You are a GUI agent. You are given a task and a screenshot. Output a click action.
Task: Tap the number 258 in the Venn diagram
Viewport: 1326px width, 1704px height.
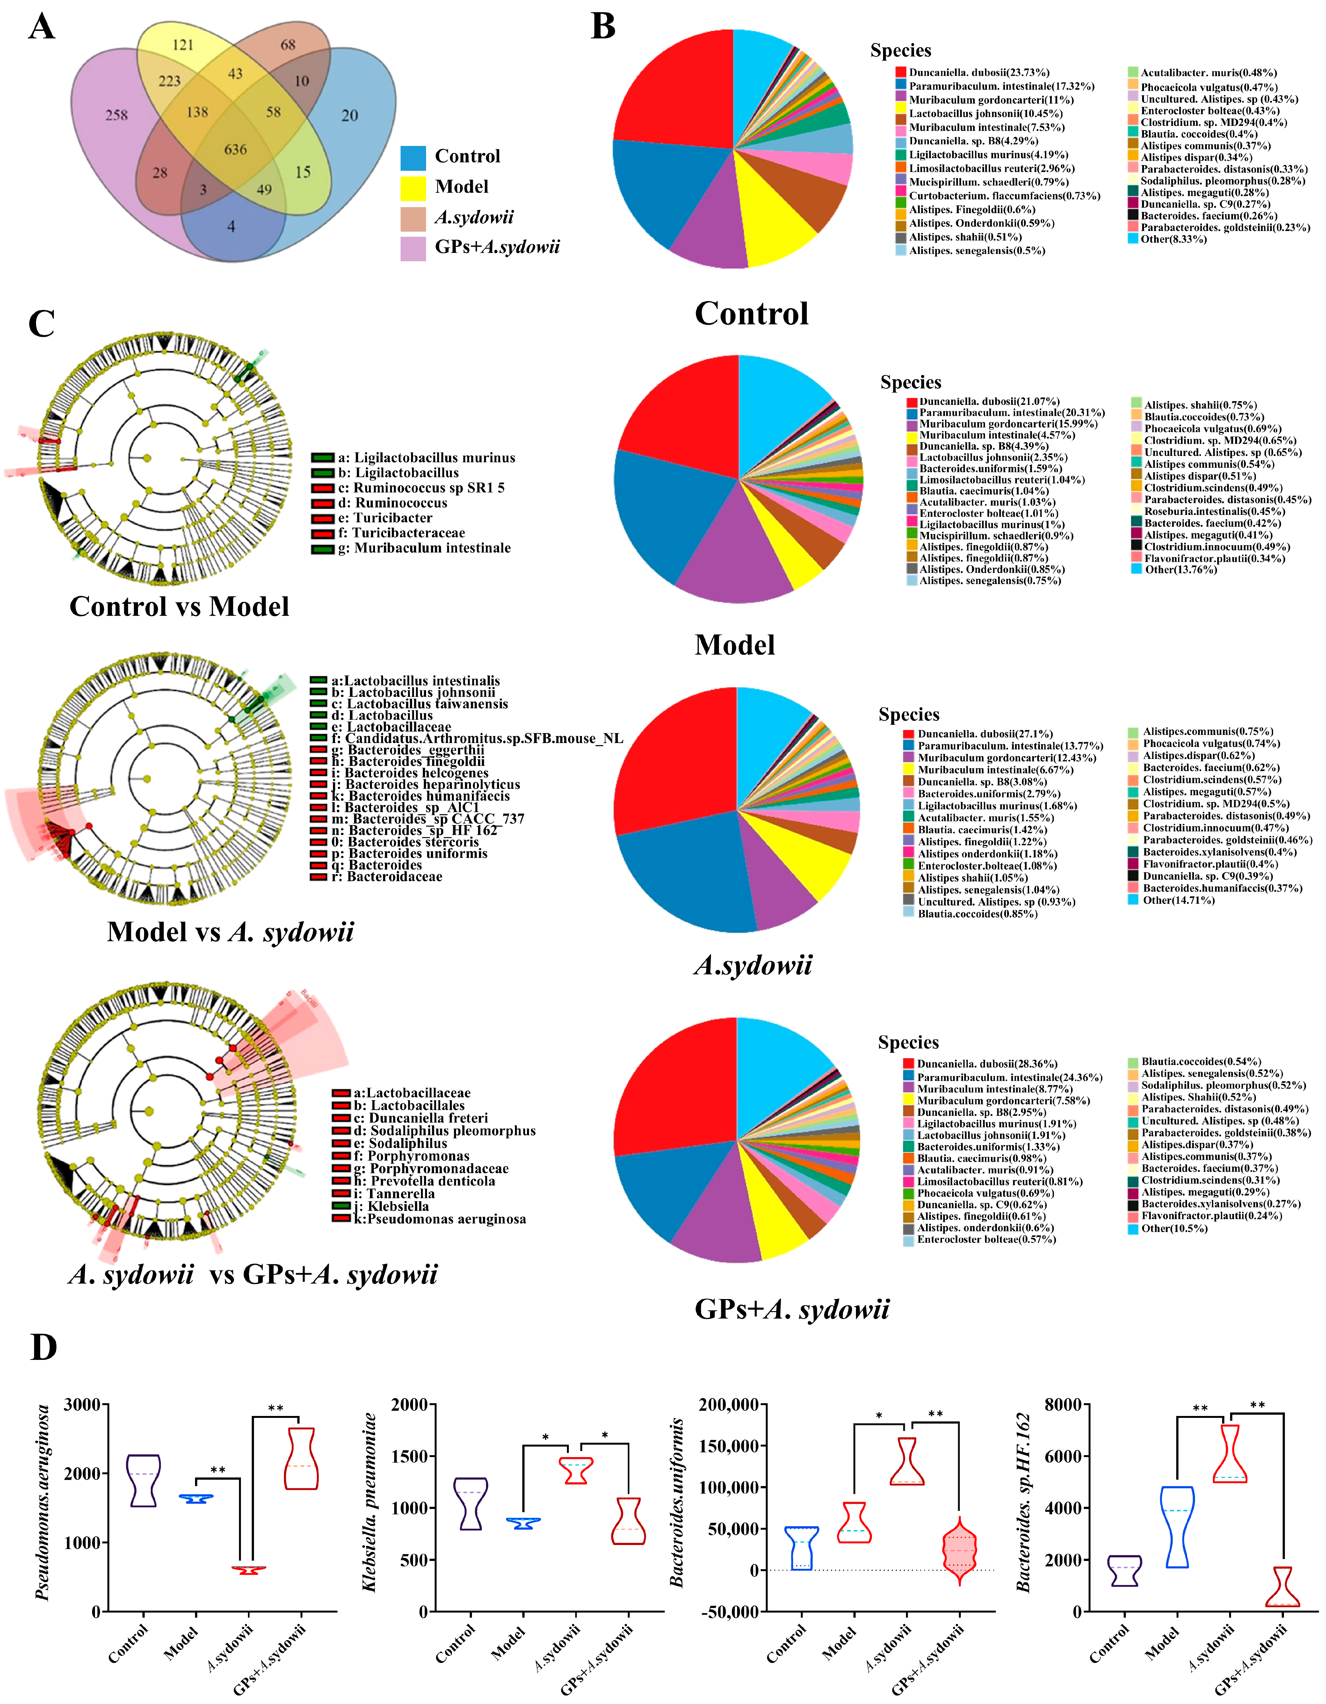(116, 115)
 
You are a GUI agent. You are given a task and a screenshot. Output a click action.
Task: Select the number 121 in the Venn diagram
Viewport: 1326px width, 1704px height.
(183, 45)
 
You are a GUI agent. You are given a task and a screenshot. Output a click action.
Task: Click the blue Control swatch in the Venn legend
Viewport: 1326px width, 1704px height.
(413, 157)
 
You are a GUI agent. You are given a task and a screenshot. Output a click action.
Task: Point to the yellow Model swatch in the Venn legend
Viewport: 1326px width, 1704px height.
(413, 187)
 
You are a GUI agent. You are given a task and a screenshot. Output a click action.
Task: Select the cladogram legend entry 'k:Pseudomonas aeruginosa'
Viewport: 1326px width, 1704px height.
(439, 1219)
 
